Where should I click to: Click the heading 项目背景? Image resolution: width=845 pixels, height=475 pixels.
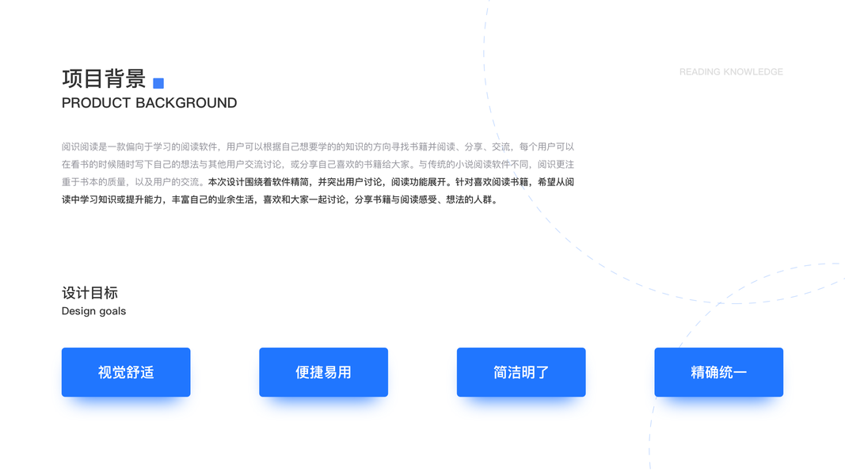click(x=104, y=78)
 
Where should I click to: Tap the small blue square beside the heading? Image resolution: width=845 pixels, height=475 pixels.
click(x=158, y=83)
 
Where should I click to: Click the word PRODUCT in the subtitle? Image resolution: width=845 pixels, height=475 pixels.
click(x=96, y=103)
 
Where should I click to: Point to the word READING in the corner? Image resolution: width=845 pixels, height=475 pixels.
click(x=699, y=71)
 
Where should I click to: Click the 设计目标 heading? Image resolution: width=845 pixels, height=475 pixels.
click(x=89, y=293)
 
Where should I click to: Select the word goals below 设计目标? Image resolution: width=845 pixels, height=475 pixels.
click(x=112, y=311)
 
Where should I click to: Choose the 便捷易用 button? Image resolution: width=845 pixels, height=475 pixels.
click(x=323, y=372)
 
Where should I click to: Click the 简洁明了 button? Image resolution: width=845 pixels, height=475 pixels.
click(x=521, y=372)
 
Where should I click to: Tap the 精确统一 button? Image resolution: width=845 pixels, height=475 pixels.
click(x=719, y=372)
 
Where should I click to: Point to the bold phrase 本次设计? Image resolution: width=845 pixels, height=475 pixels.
click(x=226, y=182)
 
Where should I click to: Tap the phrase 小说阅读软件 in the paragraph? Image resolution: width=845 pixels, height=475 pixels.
click(x=474, y=164)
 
